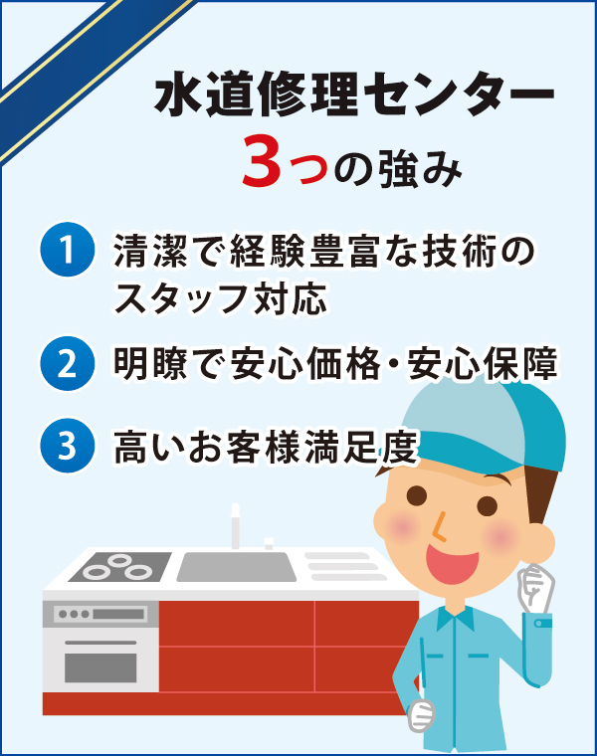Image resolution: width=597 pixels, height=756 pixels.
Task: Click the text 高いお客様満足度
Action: (263, 445)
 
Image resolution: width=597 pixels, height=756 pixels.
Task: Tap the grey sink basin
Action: (237, 567)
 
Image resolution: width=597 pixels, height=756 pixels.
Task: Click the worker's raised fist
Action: (537, 591)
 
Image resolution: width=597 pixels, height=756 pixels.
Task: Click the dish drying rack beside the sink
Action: (343, 566)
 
